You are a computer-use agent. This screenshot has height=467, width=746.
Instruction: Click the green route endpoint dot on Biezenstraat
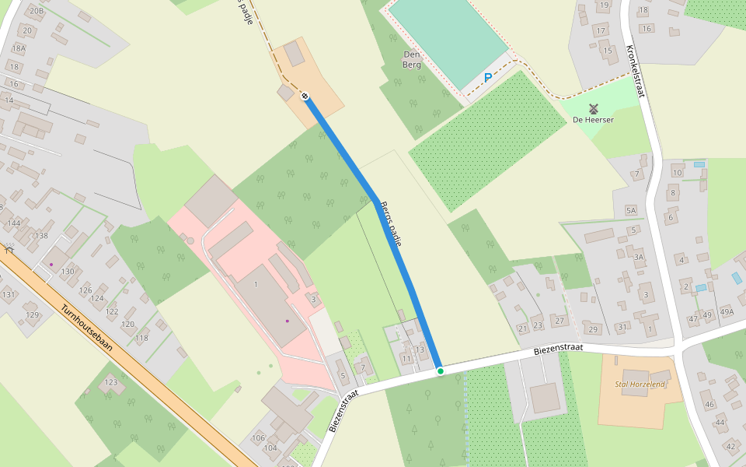[x=440, y=371]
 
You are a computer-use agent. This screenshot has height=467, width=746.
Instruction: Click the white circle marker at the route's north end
[x=305, y=97]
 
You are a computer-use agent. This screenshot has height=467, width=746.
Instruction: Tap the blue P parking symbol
[x=488, y=78]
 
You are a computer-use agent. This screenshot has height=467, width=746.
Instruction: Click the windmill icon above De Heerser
[x=594, y=108]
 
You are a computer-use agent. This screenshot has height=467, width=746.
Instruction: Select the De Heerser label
[x=593, y=120]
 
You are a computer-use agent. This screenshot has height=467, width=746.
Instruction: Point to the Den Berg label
[x=412, y=59]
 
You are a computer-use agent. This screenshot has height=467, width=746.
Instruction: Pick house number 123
[x=112, y=382]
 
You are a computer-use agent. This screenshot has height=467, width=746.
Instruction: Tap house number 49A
[x=727, y=313]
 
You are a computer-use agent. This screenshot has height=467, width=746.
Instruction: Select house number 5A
[x=630, y=210]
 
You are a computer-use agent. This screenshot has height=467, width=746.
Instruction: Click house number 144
[x=13, y=223]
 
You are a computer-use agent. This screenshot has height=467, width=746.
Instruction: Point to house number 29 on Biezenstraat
[x=594, y=329]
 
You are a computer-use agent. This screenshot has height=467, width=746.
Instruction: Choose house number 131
[x=9, y=294]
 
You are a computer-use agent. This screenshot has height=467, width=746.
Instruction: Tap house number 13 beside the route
[x=420, y=349]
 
